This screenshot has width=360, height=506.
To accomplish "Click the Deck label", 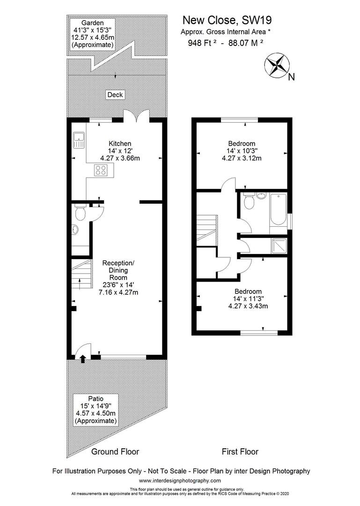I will click(x=115, y=95).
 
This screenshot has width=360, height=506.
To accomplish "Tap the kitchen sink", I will click(x=79, y=139).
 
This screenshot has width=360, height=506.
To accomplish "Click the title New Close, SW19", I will click(x=227, y=20).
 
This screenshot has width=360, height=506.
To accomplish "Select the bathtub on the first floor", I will click(x=278, y=211).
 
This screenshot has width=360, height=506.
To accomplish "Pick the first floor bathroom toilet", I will click(x=249, y=202).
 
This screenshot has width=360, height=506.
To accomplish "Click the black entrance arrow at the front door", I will click(x=83, y=359).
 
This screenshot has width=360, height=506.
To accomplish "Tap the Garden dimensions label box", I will click(x=92, y=34).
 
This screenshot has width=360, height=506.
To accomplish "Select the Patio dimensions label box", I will click(x=96, y=409).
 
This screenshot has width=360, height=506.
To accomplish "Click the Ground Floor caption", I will click(x=115, y=452).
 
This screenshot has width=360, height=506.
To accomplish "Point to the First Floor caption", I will click(x=240, y=452).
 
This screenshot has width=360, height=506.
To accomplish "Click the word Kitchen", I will click(x=120, y=143).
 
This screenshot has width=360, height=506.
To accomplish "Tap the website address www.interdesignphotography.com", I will click(x=180, y=481).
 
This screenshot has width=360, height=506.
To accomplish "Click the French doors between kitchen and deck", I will click(x=136, y=116).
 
